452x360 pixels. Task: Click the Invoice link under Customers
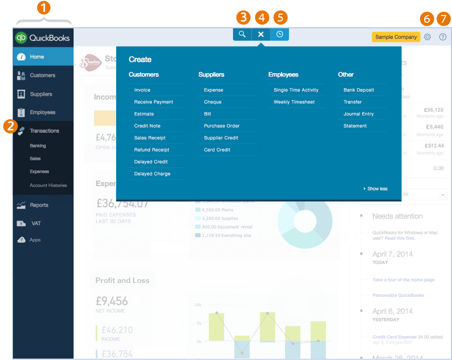point(142,90)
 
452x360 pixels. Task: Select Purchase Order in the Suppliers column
point(222,126)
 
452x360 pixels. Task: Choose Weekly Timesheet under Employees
point(294,102)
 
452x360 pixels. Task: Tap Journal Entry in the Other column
point(358,114)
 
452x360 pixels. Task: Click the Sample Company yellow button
point(396,37)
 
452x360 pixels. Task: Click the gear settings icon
point(427,37)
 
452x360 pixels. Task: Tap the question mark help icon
point(443,37)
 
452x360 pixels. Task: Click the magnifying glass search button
point(242,34)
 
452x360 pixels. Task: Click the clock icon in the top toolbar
point(280,34)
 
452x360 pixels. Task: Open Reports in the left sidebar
point(39,205)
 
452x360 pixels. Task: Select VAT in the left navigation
point(36,223)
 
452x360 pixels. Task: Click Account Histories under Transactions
point(48,185)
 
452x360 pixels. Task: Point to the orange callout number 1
point(44,7)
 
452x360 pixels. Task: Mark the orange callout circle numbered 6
point(427,19)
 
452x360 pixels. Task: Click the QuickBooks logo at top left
point(43,37)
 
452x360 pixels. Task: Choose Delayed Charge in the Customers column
point(152,174)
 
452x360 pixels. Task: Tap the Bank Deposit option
point(359,90)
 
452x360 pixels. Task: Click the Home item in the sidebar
point(37,57)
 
